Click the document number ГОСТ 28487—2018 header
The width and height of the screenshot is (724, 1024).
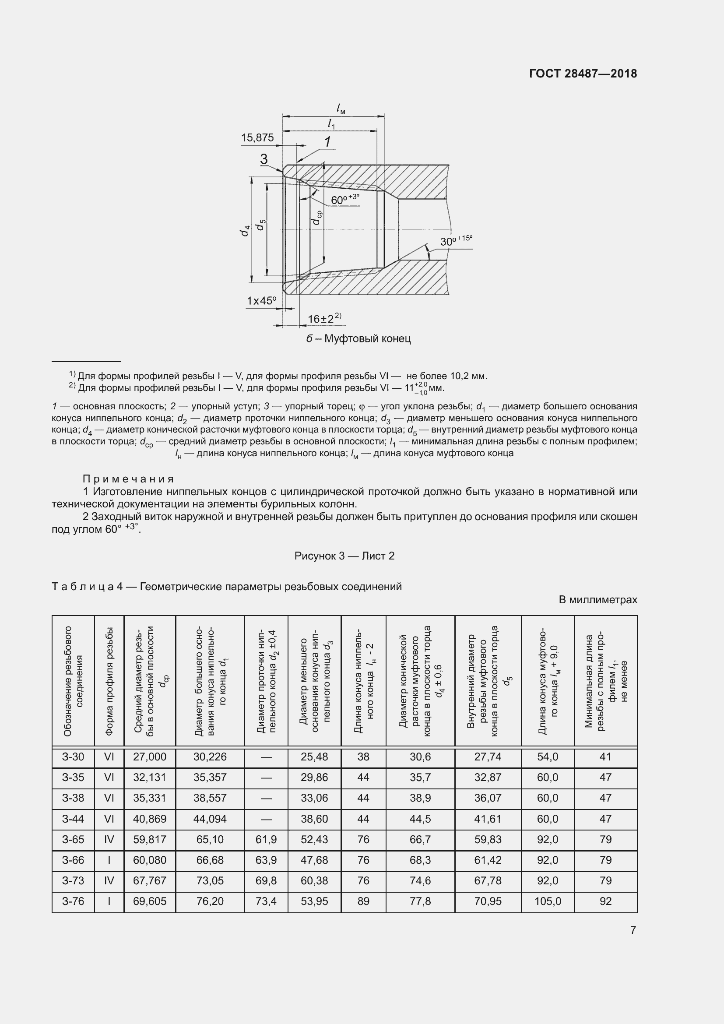tap(583, 74)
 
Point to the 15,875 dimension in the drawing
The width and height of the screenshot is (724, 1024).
tap(257, 138)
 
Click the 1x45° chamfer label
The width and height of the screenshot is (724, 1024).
tap(262, 301)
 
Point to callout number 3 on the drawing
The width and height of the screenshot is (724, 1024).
tap(264, 159)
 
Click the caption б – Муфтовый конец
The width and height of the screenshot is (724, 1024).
tap(358, 338)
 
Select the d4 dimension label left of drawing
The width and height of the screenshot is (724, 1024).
tap(244, 231)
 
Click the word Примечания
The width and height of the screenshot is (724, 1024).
tap(128, 479)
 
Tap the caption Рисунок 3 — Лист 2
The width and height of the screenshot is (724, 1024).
tap(344, 556)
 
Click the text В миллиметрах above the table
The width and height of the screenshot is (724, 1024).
tap(597, 600)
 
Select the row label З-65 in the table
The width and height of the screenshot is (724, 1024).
tap(73, 839)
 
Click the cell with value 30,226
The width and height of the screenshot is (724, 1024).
tap(210, 757)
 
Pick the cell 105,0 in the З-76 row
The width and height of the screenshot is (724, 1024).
tap(548, 901)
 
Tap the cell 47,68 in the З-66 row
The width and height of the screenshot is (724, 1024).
tap(314, 860)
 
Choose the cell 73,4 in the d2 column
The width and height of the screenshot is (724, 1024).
tap(266, 901)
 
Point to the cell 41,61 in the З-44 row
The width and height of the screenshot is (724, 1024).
tap(488, 819)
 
